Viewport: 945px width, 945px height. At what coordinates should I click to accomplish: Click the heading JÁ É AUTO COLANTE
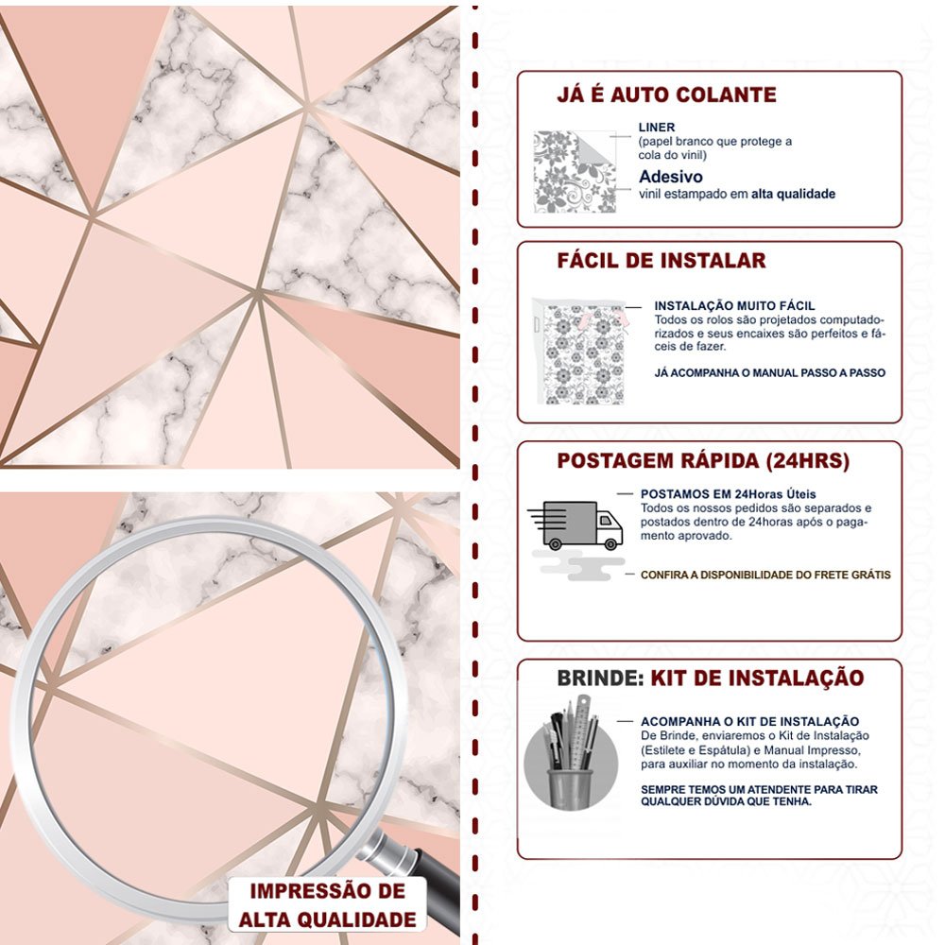point(666,94)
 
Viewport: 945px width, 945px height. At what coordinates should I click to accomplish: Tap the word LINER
point(657,128)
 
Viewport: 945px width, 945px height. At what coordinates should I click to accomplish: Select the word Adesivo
point(671,177)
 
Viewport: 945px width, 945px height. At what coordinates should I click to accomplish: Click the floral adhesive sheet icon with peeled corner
point(576,172)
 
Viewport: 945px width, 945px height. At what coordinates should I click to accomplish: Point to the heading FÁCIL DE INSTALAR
point(661,261)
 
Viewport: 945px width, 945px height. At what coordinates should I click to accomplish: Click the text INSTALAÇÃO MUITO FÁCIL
point(734,305)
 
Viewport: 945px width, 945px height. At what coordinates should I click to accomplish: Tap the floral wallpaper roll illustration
point(580,352)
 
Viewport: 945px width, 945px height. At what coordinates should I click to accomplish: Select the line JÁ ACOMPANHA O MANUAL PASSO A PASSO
point(769,372)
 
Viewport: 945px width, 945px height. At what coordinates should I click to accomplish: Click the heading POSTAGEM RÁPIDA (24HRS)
point(703,460)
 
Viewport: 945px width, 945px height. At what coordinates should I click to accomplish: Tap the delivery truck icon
point(576,524)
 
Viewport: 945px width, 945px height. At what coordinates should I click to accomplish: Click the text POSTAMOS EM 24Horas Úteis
point(728,494)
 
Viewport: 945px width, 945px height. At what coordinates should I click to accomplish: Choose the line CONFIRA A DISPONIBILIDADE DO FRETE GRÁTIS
point(765,575)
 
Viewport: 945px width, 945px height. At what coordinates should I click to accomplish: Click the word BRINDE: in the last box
point(600,678)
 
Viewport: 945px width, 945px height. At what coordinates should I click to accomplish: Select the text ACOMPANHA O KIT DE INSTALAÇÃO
point(749,721)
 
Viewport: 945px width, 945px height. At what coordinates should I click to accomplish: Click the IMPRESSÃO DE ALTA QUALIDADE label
point(327,905)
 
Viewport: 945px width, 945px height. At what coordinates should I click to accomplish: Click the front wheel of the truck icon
point(610,544)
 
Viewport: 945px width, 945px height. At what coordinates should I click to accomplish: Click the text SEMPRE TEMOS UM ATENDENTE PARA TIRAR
point(759,789)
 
